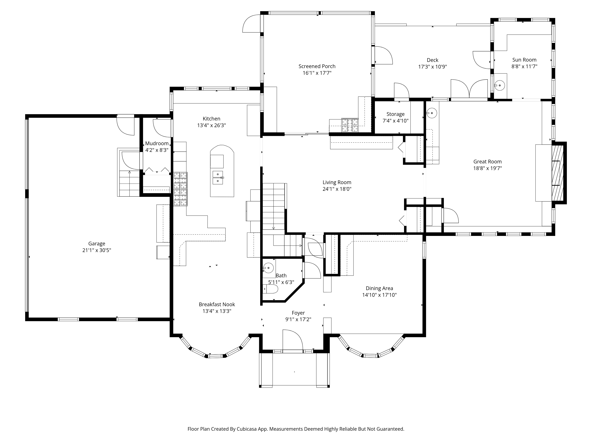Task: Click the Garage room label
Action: pyautogui.click(x=97, y=244)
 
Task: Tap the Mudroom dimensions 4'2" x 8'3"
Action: pyautogui.click(x=157, y=150)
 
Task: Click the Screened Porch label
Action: pyautogui.click(x=317, y=66)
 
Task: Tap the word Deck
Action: pyautogui.click(x=432, y=60)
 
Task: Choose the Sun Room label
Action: pyautogui.click(x=524, y=60)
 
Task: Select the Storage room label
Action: pyautogui.click(x=395, y=114)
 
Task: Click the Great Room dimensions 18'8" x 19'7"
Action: pyautogui.click(x=487, y=168)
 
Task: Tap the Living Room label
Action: pyautogui.click(x=337, y=182)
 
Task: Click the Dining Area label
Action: pyautogui.click(x=379, y=288)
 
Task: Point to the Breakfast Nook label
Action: pyautogui.click(x=217, y=304)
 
